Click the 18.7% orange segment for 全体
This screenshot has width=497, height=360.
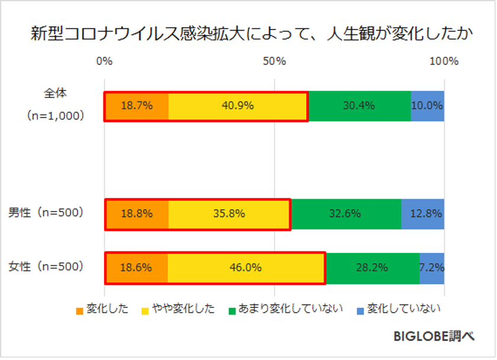click(137, 106)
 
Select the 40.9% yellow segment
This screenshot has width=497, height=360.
click(238, 106)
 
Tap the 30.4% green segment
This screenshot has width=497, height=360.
click(359, 106)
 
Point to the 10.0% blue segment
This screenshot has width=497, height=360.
click(427, 106)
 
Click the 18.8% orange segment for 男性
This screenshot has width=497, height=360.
click(137, 214)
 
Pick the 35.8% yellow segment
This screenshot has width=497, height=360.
click(230, 214)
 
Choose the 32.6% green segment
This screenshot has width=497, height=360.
click(346, 214)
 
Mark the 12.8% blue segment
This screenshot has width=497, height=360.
click(422, 214)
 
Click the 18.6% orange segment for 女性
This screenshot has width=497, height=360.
click(136, 268)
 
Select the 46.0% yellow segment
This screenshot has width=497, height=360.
click(246, 268)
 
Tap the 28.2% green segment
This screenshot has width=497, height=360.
click(372, 268)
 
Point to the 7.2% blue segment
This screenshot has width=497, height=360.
click(432, 268)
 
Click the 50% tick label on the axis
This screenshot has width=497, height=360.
click(275, 61)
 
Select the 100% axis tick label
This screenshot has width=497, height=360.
click(444, 61)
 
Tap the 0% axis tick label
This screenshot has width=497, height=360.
click(104, 61)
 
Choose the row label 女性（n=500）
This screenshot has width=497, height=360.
click(46, 266)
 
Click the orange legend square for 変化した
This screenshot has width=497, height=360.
click(80, 310)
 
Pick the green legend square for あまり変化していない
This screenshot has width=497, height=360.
click(233, 310)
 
